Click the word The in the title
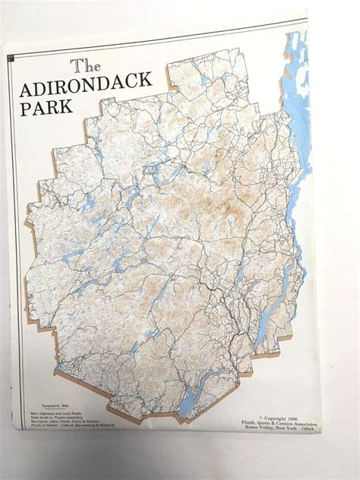85,66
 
